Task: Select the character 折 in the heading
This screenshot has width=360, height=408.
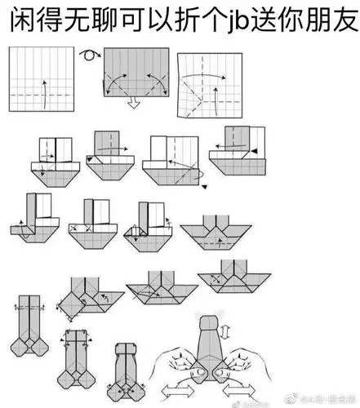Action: pyautogui.click(x=159, y=22)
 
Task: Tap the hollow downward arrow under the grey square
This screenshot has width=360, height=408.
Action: pyautogui.click(x=131, y=104)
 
